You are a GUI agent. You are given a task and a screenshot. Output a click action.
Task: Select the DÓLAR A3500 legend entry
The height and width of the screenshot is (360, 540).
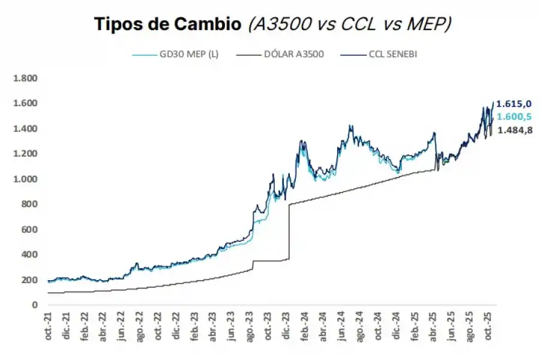293,55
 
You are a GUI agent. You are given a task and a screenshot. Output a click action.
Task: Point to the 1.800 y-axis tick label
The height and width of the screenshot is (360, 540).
25,78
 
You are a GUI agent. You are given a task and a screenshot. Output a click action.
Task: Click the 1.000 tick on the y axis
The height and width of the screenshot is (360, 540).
25,179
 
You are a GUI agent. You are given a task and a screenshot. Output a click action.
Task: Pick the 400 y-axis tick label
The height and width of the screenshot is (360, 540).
29,254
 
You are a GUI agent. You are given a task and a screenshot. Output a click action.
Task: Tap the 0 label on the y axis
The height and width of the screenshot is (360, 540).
35,305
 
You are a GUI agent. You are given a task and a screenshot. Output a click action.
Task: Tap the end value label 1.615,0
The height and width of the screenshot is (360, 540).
514,104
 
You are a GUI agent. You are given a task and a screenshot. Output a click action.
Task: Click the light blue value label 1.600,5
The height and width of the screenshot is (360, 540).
514,117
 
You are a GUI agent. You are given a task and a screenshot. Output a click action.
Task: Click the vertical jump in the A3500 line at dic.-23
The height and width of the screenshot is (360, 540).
289,231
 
